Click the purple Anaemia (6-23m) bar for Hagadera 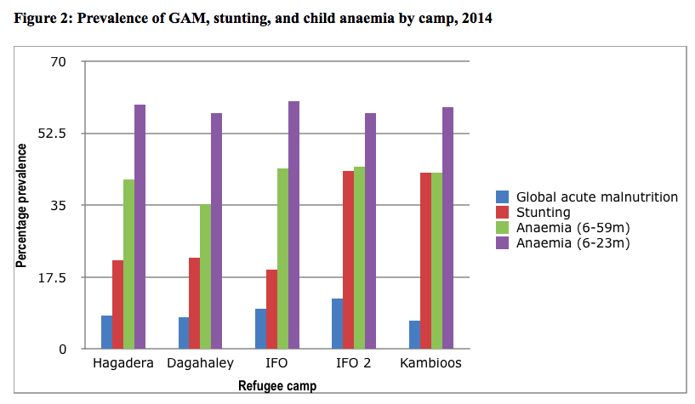[x=140, y=226]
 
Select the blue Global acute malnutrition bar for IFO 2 [x=337, y=324]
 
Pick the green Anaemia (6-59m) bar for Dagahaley [x=206, y=276]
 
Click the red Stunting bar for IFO [x=271, y=309]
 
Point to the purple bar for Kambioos [x=447, y=228]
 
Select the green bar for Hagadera [x=128, y=264]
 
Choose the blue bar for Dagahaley [x=184, y=333]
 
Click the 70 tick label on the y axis [x=62, y=62]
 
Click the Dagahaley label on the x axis [x=201, y=364]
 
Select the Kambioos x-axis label [x=430, y=364]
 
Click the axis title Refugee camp [x=277, y=385]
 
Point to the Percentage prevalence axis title [x=21, y=205]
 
